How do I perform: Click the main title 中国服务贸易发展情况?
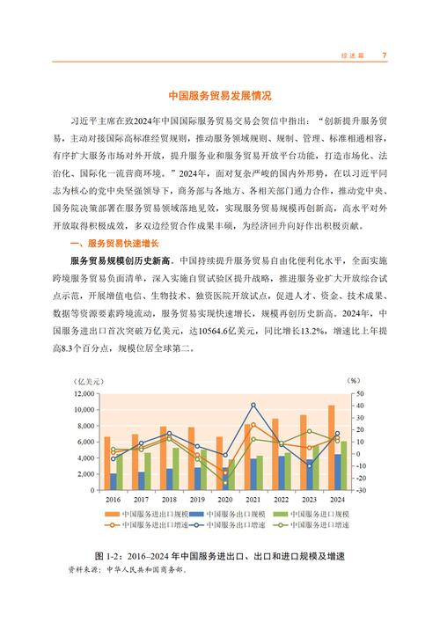point(219,95)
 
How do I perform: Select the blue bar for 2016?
point(114,481)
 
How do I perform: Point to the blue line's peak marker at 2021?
point(253,405)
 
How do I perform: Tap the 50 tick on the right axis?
point(359,394)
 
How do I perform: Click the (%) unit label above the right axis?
point(353,381)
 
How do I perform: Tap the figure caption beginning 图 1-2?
point(219,556)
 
